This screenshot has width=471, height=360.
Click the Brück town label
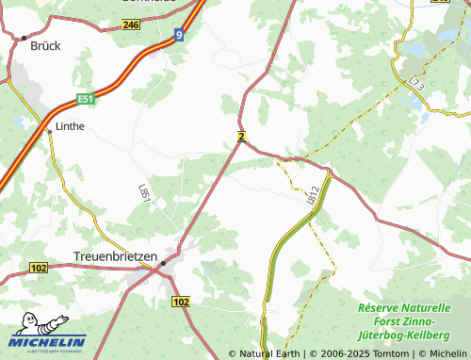[44, 44]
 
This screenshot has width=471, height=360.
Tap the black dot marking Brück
[23, 38]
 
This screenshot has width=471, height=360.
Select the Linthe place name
[72, 125]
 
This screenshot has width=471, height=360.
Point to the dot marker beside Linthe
[49, 132]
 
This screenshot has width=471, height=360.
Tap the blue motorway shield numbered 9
[179, 35]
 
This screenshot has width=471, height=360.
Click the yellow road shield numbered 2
[242, 138]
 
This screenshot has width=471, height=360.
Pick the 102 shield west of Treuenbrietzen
[39, 269]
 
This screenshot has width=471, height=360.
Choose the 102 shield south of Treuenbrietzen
[182, 302]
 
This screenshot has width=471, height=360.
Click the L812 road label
[314, 195]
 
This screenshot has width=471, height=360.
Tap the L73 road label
[418, 87]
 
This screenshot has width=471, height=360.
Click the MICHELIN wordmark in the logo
[49, 342]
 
